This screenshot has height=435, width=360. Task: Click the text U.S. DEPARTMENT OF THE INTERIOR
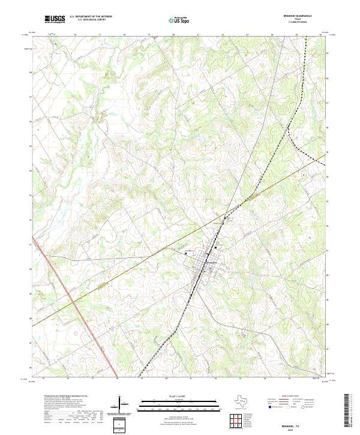click(91, 17)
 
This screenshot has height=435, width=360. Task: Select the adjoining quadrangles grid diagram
click(236, 420)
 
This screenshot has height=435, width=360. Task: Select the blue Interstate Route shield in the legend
click(270, 407)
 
